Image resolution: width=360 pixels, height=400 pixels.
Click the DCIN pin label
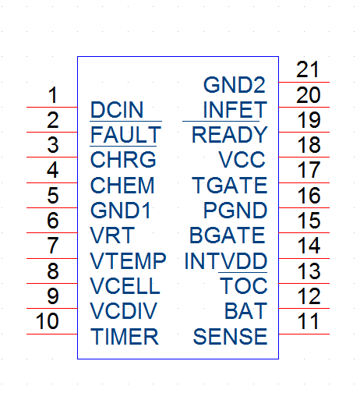[x=117, y=110]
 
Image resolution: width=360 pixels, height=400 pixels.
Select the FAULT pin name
[x=125, y=135]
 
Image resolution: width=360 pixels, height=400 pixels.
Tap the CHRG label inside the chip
[x=123, y=160]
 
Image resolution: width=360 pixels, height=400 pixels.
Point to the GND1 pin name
[x=121, y=211]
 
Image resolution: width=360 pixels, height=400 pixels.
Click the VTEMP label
[x=128, y=261]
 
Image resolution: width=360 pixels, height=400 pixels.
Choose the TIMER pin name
[x=124, y=337]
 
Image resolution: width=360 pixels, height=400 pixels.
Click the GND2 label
[x=235, y=85]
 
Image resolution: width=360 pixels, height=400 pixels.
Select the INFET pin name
[x=235, y=110]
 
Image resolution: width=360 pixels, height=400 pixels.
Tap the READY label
[x=230, y=135]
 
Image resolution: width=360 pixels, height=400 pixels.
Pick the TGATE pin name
[x=230, y=185]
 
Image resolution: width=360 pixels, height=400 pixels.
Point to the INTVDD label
[x=226, y=261]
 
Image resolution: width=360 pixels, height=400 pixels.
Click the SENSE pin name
[x=230, y=337]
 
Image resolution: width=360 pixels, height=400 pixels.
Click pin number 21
[x=307, y=69]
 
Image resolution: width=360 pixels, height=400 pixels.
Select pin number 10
[x=48, y=321]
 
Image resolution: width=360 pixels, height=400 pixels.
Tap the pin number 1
[x=53, y=95]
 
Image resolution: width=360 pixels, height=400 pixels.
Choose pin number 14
[x=309, y=246]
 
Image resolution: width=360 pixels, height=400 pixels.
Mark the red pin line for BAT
[x=304, y=309]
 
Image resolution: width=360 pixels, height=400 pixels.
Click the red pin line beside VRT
[x=52, y=233]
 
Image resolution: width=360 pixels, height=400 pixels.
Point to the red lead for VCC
[x=304, y=158]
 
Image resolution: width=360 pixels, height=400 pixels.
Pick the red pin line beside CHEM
[x=52, y=183]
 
